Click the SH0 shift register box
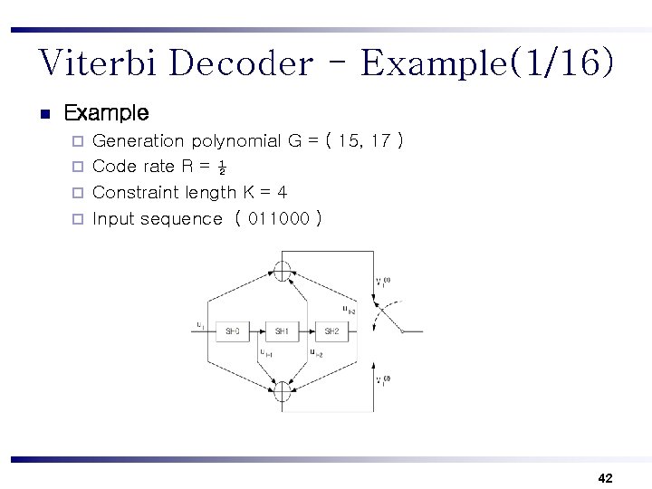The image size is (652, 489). point(233,331)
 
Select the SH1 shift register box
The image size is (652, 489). point(283,331)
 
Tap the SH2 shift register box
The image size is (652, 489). point(331,331)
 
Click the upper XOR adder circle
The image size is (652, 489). point(283,269)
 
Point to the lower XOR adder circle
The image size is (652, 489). point(283,393)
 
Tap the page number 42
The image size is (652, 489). point(606,477)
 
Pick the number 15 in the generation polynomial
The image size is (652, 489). point(349,141)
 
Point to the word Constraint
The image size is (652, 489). point(137,192)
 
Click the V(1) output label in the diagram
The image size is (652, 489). point(383,283)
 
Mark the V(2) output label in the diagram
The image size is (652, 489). point(383,380)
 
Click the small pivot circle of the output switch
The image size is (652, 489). point(401,331)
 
